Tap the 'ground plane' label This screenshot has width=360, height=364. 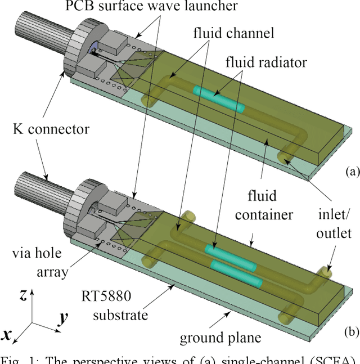pyautogui.click(x=220, y=338)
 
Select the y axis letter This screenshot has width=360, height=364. pyautogui.click(x=62, y=318)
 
